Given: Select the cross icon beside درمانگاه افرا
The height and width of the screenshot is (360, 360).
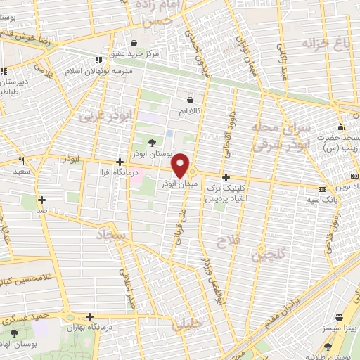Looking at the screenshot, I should (x=120, y=162).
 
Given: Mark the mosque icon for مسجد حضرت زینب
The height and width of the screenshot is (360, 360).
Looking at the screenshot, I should (x=341, y=127).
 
